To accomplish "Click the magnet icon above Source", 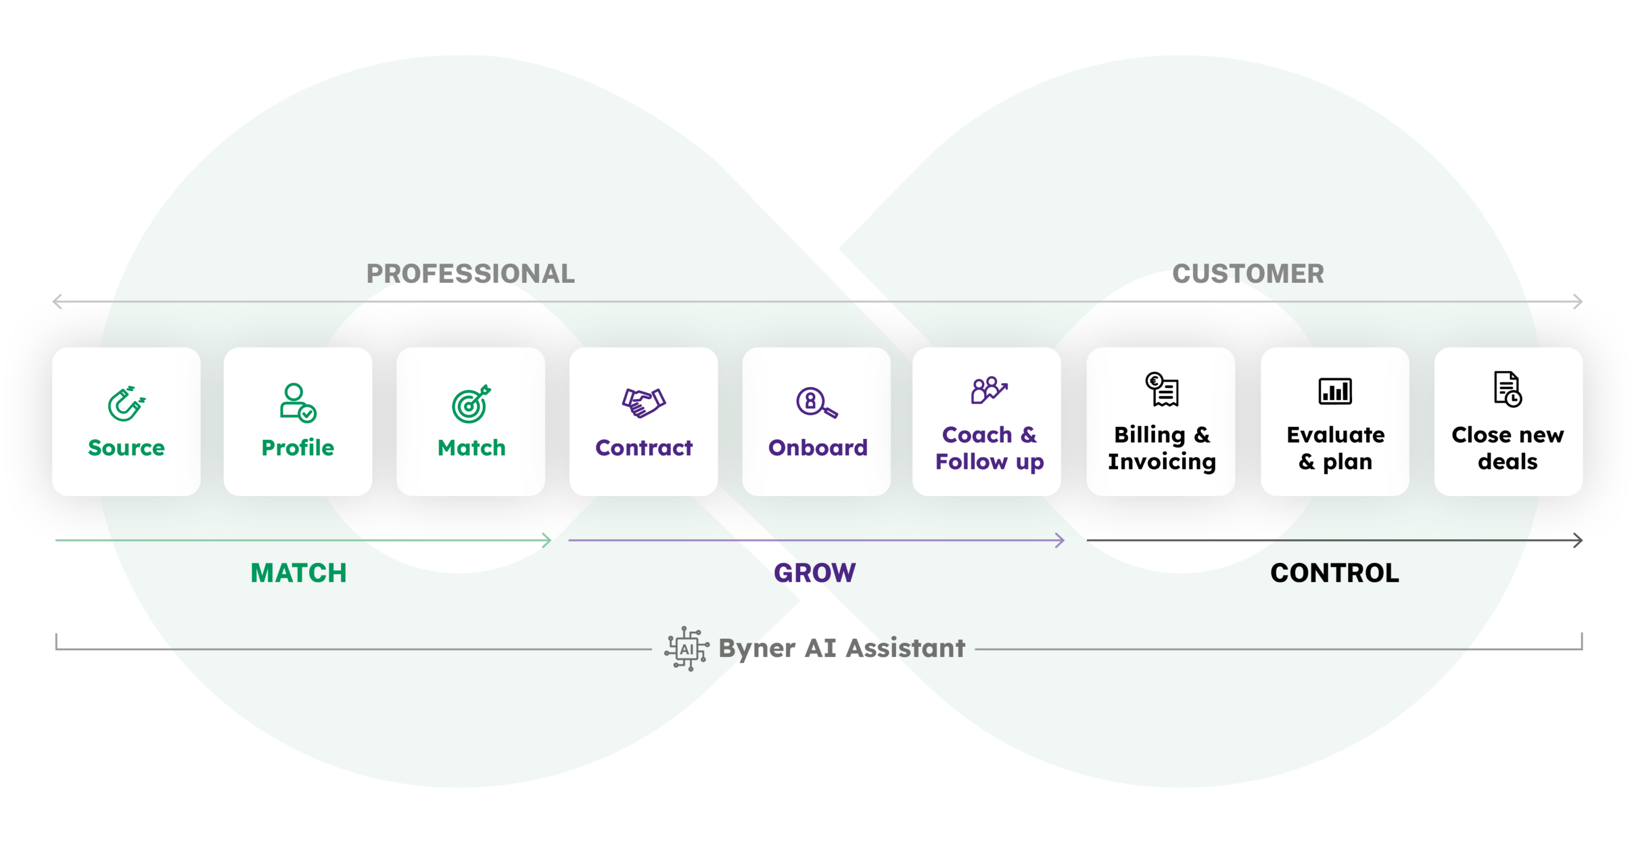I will point(126,403).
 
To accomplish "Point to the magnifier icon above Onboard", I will point(816,403).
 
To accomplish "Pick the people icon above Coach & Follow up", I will point(988,390).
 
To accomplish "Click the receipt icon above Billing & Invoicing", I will point(1162,389).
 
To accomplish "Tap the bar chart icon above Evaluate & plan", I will point(1335,391).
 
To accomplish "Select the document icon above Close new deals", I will point(1508,388).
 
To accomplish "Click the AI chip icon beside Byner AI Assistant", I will point(687,649).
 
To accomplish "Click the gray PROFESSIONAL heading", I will point(470,274).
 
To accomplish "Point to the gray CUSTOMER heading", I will point(1247,274).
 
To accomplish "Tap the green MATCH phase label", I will point(299,573).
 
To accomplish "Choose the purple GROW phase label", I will point(815,573).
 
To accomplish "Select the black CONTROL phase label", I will point(1334,573).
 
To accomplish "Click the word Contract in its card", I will point(644,447).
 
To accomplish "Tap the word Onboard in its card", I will point(817,447).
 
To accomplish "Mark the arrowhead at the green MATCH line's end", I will point(548,540).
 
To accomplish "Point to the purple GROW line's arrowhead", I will point(1060,540).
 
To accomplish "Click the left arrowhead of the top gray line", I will point(57,302).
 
